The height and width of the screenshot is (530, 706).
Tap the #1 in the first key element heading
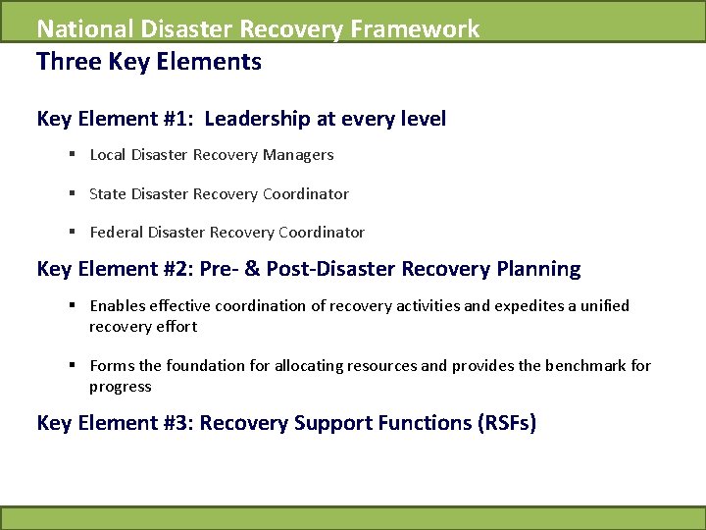[x=180, y=120]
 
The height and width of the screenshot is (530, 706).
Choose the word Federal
[x=116, y=233]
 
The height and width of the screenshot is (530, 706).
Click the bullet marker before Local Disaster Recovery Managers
[x=74, y=155]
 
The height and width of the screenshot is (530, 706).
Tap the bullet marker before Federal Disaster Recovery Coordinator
[x=74, y=233]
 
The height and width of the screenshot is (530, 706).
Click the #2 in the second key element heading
[x=180, y=269]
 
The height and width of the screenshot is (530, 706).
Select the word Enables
[x=117, y=306]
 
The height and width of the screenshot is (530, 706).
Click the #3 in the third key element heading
[x=180, y=424]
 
